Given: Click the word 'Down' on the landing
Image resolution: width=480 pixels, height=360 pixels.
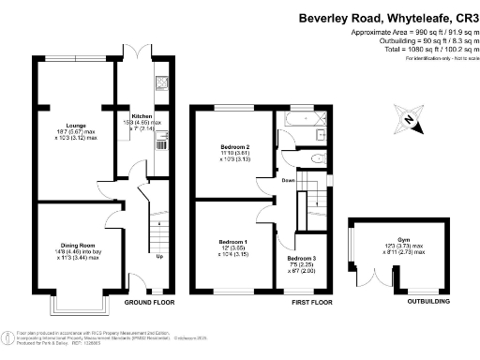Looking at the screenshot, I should click(289, 181).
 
